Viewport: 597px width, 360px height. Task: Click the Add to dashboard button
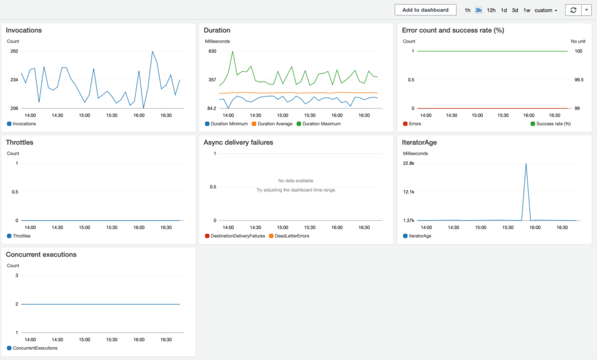point(425,10)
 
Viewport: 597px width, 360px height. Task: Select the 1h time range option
point(468,10)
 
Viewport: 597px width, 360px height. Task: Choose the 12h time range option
point(491,10)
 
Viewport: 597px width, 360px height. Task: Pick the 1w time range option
point(526,10)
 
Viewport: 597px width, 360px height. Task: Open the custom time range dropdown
point(546,10)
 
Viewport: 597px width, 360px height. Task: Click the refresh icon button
point(574,10)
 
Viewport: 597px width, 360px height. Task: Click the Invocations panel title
point(23,30)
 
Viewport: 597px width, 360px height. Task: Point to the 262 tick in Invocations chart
point(14,51)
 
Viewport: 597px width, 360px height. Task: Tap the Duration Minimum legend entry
point(226,123)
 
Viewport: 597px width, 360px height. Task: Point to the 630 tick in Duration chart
point(212,51)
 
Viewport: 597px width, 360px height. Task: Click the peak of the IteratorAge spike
point(526,164)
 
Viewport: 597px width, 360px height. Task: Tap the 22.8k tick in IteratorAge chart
point(409,163)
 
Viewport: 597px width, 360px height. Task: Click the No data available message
point(296,181)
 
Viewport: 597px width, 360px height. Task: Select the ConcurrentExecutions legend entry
point(34,348)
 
